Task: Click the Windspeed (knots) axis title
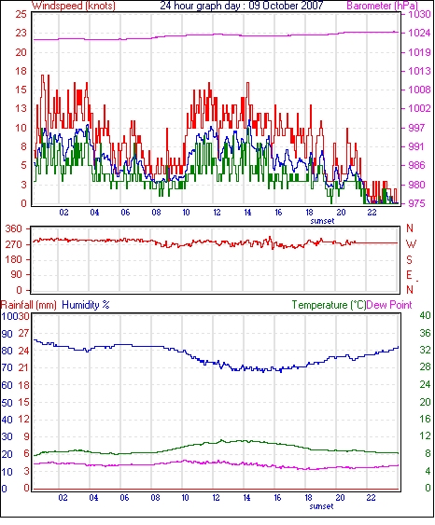click(74, 6)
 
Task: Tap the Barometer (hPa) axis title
click(382, 6)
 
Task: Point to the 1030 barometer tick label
click(419, 14)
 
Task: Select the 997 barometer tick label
click(416, 128)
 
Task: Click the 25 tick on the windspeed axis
click(21, 14)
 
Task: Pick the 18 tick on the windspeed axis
click(21, 71)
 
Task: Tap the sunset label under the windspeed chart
click(322, 221)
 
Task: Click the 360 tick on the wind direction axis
click(14, 228)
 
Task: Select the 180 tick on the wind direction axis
click(14, 259)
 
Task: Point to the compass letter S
click(409, 259)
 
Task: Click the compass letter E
click(409, 275)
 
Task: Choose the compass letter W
click(411, 244)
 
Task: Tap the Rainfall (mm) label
click(29, 305)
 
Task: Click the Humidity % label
click(86, 305)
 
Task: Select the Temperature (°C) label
click(329, 305)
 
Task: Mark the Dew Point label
click(389, 305)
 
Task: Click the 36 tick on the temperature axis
click(425, 333)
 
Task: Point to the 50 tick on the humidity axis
click(7, 403)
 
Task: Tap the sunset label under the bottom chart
click(321, 506)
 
